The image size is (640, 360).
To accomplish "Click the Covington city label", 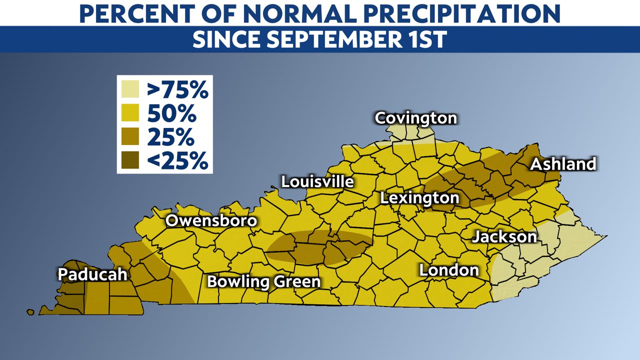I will tap(415, 118).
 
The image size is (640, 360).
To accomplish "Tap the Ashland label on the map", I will tap(563, 164).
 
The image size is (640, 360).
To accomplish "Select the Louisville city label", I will tap(317, 181).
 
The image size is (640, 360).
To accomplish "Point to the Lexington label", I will tap(419, 198).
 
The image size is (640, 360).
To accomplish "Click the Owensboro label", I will tap(211, 221).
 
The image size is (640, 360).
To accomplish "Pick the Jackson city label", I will tap(504, 236).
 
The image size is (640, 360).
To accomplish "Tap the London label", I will tap(449, 270).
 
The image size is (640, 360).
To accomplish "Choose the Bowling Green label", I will tap(263, 281).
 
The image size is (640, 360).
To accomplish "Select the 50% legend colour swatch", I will tap(130, 114).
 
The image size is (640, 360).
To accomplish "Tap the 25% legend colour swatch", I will tap(130, 137).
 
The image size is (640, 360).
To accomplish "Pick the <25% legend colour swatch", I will tap(130, 160).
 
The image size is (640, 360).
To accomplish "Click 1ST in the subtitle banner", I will tap(424, 39).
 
